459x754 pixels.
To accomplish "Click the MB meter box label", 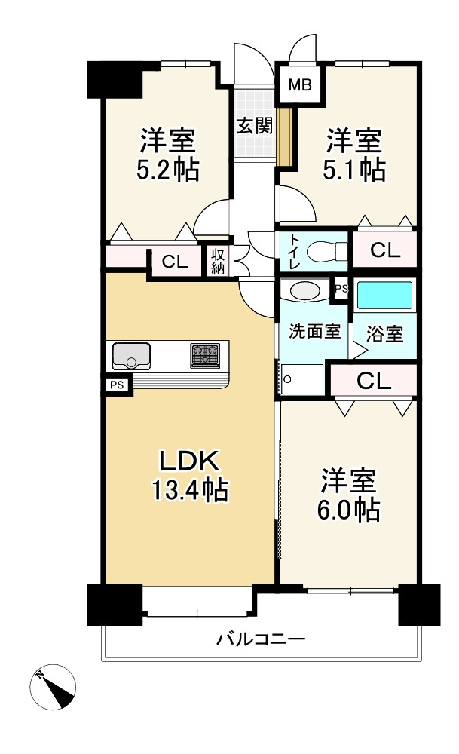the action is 299,85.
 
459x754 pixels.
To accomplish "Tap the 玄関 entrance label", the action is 256,126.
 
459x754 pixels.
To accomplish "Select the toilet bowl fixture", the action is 326,251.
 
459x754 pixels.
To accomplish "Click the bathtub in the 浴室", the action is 384,296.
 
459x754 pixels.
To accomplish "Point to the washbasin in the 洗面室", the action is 304,291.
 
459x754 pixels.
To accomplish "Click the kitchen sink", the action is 130,356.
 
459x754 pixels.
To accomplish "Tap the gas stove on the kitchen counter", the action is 205,356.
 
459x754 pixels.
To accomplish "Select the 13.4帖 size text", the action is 190,491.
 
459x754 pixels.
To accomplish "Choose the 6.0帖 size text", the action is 348,510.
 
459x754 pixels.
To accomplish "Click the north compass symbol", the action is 53,687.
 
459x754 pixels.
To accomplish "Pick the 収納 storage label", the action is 218,262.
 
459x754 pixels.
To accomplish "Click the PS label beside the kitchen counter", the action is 117,385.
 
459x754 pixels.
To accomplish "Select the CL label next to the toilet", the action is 385,250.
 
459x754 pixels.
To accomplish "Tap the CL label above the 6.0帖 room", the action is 374,381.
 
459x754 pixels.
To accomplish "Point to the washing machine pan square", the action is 301,379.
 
